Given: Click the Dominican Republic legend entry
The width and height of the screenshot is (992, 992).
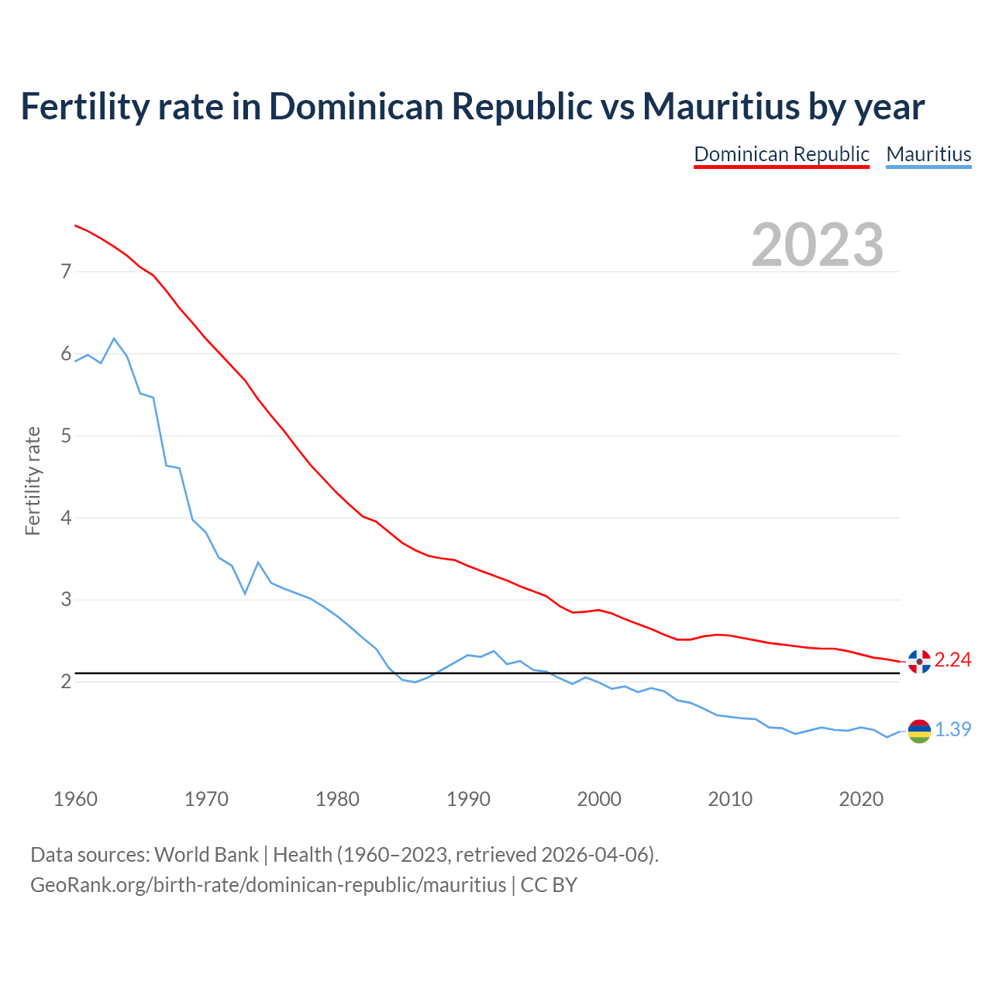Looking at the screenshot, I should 781,154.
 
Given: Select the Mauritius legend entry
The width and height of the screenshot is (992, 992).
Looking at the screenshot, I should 928,154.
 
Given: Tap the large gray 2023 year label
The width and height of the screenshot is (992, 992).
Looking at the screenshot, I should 817,245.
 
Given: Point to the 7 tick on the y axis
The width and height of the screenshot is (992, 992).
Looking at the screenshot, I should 66,271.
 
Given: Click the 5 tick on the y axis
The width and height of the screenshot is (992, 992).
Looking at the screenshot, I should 66,436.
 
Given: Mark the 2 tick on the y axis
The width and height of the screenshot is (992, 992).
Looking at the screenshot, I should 66,681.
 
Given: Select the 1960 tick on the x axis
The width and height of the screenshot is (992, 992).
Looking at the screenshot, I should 75,799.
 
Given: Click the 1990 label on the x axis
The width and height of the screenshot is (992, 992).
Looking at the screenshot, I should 468,799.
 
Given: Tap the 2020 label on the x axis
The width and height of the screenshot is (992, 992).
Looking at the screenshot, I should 861,799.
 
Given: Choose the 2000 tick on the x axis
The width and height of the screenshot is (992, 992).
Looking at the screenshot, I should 599,799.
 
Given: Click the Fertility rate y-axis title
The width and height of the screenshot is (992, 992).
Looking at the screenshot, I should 33,480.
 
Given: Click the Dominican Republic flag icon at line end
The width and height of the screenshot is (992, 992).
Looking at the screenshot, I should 919,661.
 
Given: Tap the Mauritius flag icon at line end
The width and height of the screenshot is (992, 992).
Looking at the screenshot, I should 919,731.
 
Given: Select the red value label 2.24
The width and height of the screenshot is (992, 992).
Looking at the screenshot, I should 952,660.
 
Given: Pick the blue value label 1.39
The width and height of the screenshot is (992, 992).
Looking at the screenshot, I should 952,729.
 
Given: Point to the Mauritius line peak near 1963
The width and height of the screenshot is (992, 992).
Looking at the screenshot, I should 114,339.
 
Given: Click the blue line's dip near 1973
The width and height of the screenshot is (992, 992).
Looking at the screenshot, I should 245,593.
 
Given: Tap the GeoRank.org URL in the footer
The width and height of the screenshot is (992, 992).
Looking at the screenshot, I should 267,884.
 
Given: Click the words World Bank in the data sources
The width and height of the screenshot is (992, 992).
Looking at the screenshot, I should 206,854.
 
